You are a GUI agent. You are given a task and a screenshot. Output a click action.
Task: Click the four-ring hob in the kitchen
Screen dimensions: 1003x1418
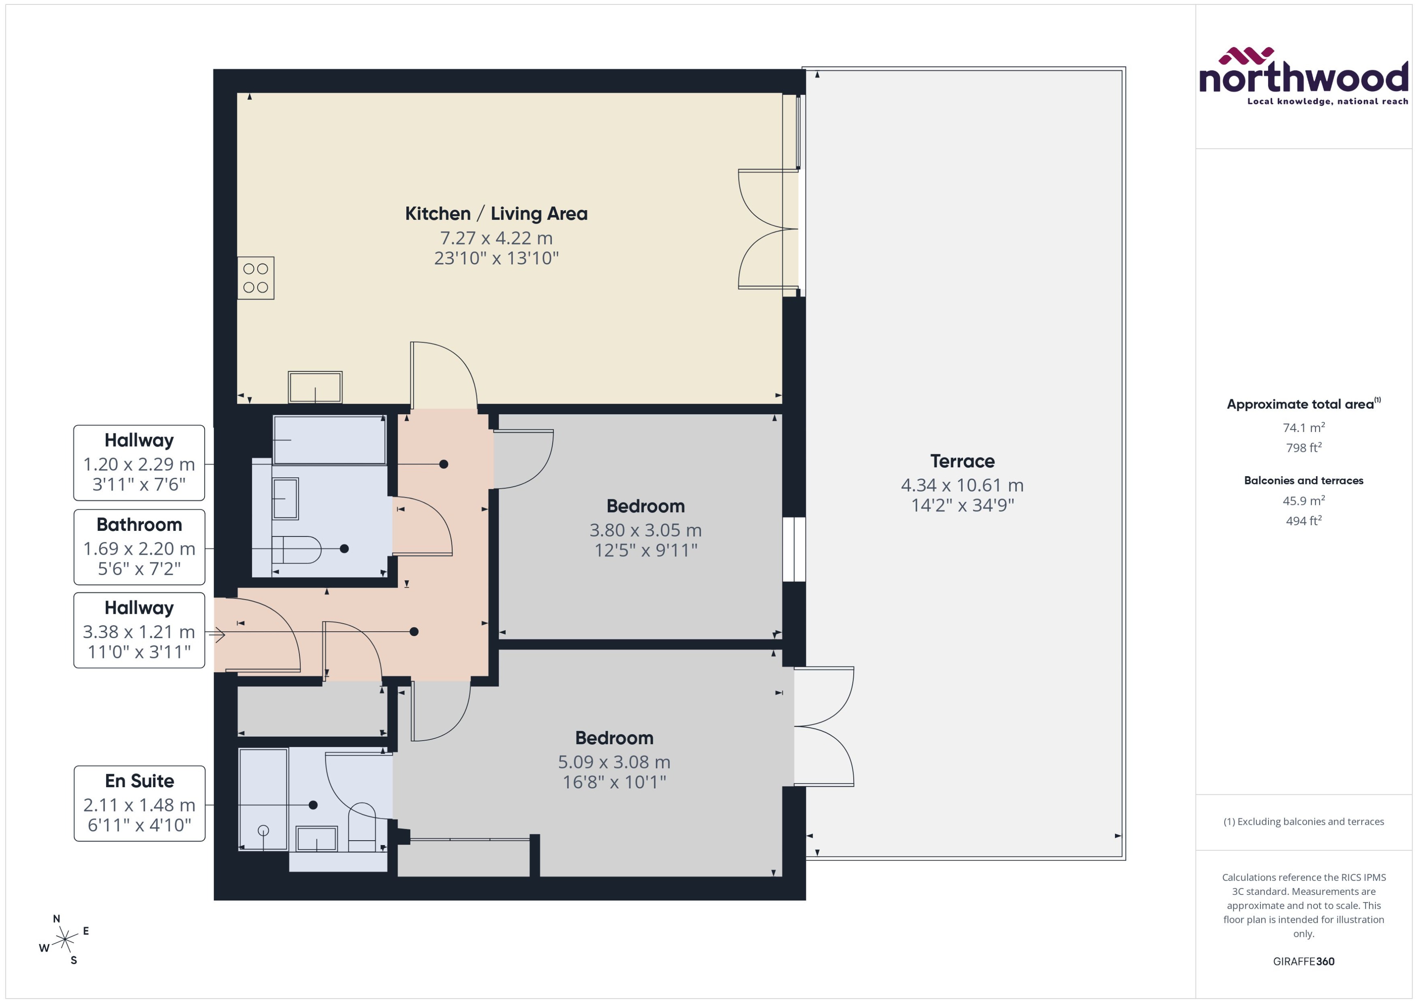pyautogui.click(x=255, y=278)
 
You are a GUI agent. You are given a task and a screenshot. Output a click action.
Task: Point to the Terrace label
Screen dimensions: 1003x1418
pyautogui.click(x=962, y=461)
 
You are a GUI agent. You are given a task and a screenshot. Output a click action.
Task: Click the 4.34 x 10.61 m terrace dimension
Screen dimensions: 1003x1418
pyautogui.click(x=962, y=486)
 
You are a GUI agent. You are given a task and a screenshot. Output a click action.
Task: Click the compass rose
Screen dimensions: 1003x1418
pyautogui.click(x=64, y=940)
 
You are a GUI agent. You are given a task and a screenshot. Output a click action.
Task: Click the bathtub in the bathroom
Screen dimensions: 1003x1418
pyautogui.click(x=329, y=440)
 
